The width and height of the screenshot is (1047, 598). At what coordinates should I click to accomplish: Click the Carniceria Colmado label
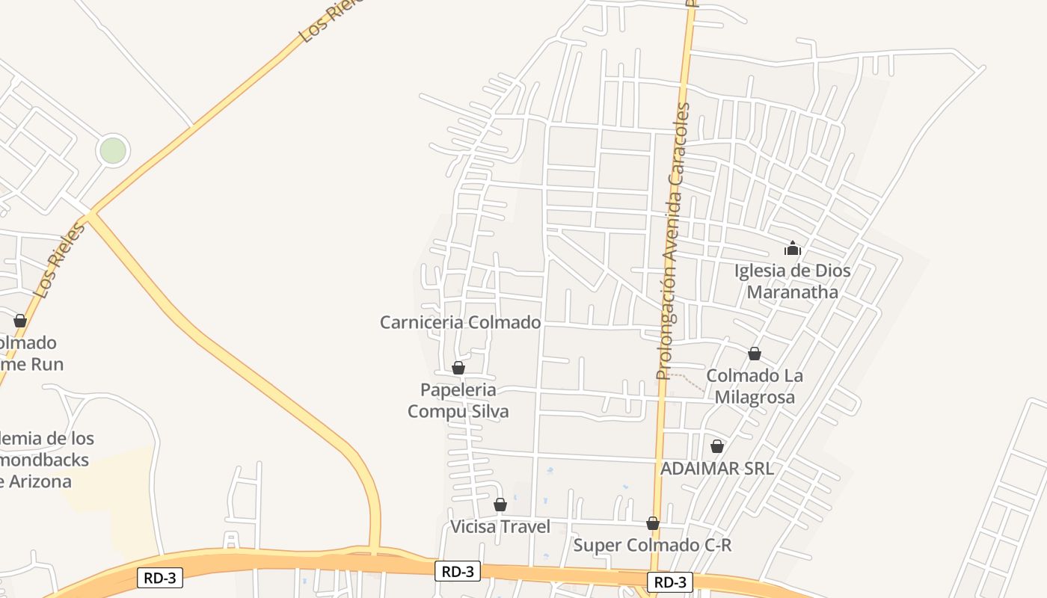tap(460, 322)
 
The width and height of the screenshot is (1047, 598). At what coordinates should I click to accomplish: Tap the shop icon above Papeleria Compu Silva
tap(458, 368)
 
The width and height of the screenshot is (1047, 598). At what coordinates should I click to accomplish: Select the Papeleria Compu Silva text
tap(458, 401)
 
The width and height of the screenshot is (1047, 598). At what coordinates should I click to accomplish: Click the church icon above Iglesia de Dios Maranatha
tap(792, 248)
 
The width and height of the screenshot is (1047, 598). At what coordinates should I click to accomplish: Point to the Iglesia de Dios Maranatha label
tap(792, 281)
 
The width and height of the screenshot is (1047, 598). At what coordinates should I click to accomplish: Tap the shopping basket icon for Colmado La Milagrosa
tap(755, 354)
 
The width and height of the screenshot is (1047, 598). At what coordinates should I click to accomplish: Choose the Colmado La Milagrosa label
tap(754, 386)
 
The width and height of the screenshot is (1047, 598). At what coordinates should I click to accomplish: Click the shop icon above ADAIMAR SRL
tap(717, 446)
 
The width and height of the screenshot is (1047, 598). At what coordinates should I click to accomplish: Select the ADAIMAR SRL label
tap(716, 469)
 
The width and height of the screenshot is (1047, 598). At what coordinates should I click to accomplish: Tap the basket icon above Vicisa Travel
tap(500, 505)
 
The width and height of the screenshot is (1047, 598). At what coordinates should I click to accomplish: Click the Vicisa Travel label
tap(500, 527)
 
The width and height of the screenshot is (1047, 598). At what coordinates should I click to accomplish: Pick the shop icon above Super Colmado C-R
tap(653, 523)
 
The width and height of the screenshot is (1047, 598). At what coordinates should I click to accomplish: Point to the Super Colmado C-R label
tap(652, 545)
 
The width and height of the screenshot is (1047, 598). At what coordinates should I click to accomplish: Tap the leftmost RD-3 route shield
tap(160, 577)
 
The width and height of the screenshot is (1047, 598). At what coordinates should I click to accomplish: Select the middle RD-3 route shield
tap(457, 571)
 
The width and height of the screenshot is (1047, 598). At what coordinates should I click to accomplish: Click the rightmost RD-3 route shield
tap(669, 582)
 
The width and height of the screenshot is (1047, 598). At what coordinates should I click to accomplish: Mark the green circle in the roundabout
tap(113, 150)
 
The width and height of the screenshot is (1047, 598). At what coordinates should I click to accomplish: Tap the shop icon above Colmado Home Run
tap(20, 321)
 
